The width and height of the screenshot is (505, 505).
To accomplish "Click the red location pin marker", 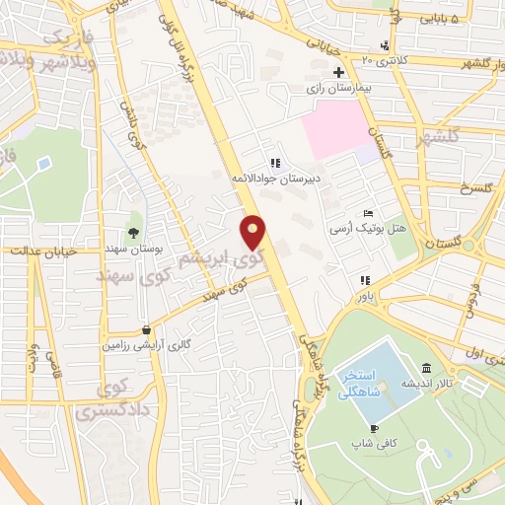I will pyautogui.click(x=254, y=232).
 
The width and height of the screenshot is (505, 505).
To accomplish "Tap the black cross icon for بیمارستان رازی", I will pyautogui.click(x=338, y=72).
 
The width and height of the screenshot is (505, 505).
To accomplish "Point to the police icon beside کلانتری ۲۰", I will pyautogui.click(x=385, y=45).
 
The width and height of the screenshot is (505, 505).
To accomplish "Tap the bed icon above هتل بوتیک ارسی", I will pyautogui.click(x=368, y=214).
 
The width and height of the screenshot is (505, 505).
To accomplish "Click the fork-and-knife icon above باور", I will pyautogui.click(x=365, y=280).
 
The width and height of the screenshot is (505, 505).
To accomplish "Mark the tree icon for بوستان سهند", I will pyautogui.click(x=134, y=218).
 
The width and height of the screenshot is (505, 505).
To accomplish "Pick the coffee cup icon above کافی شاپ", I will pyautogui.click(x=374, y=428).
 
